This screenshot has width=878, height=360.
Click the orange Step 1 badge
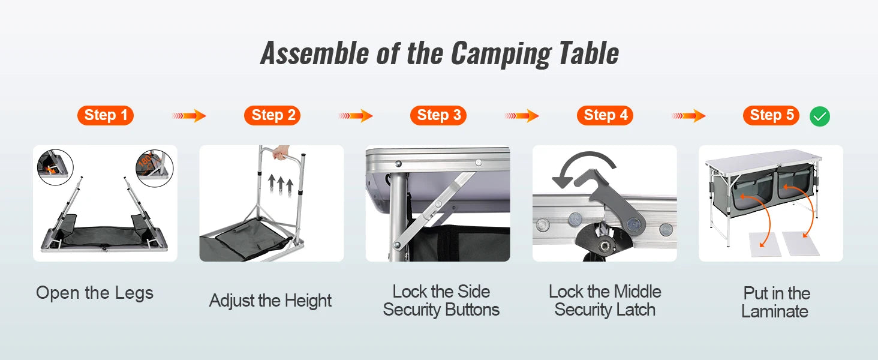[x=106, y=115]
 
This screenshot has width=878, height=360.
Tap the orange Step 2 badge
[x=272, y=115]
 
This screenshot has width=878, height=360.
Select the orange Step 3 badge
[x=438, y=115]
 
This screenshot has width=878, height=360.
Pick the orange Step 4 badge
[x=605, y=115]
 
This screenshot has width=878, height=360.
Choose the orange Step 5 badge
[x=771, y=115]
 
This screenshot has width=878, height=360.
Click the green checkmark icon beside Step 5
[x=820, y=116]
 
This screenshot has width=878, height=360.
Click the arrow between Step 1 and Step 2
[x=189, y=116]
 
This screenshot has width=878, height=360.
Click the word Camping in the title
[x=501, y=53]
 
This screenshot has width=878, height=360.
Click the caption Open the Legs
[x=95, y=293]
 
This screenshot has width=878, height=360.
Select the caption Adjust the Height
[x=270, y=301]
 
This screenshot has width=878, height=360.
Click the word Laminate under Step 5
[x=775, y=311]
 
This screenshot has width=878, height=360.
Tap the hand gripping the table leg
[x=279, y=155]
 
